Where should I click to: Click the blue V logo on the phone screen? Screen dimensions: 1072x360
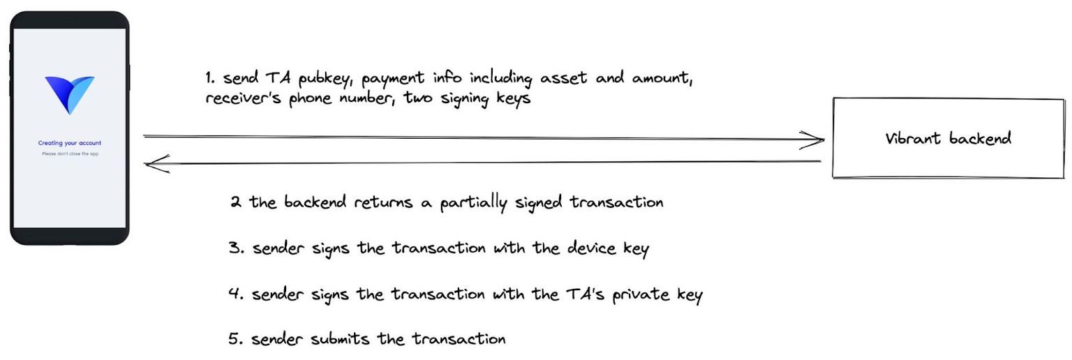click(x=70, y=94)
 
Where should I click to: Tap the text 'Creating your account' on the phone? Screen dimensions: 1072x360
click(x=70, y=143)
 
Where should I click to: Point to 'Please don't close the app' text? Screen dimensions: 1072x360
click(x=70, y=153)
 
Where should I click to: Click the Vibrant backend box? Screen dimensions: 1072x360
click(x=948, y=138)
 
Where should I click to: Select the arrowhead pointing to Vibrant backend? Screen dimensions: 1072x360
click(x=813, y=140)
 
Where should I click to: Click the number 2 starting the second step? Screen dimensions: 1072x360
click(x=237, y=203)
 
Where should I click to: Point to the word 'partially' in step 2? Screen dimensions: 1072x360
click(x=475, y=203)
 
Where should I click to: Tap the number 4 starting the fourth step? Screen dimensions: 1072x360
click(x=236, y=294)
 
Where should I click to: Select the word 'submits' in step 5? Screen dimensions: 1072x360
click(x=329, y=340)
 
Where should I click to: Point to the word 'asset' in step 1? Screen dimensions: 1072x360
click(x=567, y=77)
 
